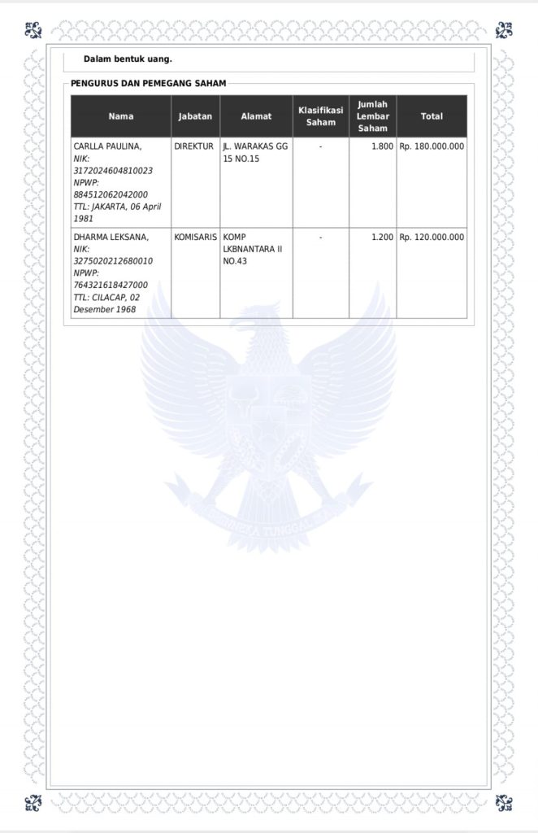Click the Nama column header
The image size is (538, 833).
pyautogui.click(x=120, y=116)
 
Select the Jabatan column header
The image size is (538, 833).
pyautogui.click(x=195, y=116)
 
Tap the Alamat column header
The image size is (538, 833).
pyautogui.click(x=256, y=116)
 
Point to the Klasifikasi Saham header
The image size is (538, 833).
pyautogui.click(x=320, y=116)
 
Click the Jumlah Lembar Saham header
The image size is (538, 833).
pyautogui.click(x=373, y=116)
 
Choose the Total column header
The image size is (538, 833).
pyautogui.click(x=432, y=116)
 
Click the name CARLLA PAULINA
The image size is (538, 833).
pyautogui.click(x=107, y=146)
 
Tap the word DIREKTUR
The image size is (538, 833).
pyautogui.click(x=194, y=146)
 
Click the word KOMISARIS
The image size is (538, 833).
pyautogui.click(x=195, y=237)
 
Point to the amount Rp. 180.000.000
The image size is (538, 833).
pyautogui.click(x=432, y=146)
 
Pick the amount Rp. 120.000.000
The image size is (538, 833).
pyautogui.click(x=432, y=237)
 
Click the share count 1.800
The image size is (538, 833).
pyautogui.click(x=382, y=146)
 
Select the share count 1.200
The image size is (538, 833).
pyautogui.click(x=382, y=237)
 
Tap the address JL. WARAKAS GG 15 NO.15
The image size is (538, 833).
pyautogui.click(x=255, y=152)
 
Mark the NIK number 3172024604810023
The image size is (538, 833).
pyautogui.click(x=113, y=171)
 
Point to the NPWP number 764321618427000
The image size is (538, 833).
pyautogui.click(x=111, y=286)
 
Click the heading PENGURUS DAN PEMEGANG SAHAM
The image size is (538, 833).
pyautogui.click(x=148, y=83)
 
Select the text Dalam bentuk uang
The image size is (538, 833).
pyautogui.click(x=128, y=59)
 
